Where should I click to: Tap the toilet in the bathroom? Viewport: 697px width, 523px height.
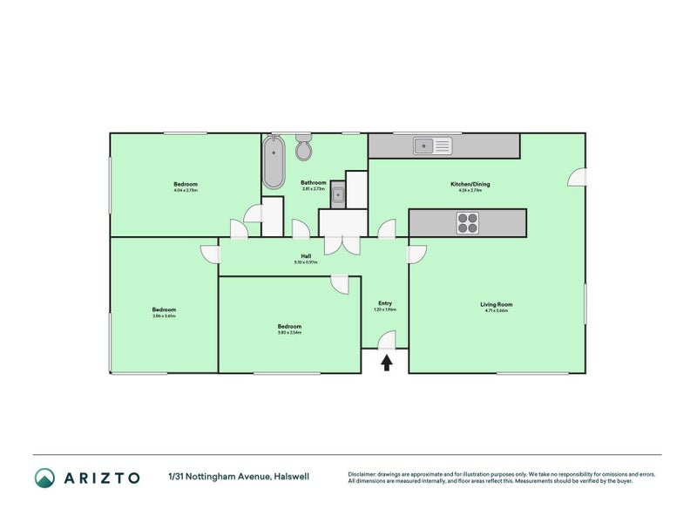point(303,149)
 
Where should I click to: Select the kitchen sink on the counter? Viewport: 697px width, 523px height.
point(433,146)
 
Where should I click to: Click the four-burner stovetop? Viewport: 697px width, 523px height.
point(467,223)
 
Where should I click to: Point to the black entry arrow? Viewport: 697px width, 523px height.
point(386,361)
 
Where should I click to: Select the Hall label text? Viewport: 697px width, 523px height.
point(306,256)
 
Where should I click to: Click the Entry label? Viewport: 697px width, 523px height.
point(384,303)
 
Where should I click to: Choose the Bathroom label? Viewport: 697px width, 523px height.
point(313,183)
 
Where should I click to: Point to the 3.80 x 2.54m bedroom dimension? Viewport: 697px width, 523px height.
point(289,332)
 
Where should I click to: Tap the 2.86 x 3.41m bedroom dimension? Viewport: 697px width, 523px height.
point(164,316)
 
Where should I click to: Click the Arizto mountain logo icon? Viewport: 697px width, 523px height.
point(44,477)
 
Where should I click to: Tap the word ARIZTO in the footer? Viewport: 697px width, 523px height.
point(101,478)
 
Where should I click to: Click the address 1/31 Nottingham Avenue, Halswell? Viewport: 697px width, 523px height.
point(239,477)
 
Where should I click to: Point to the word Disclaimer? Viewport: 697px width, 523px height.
point(363,474)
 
